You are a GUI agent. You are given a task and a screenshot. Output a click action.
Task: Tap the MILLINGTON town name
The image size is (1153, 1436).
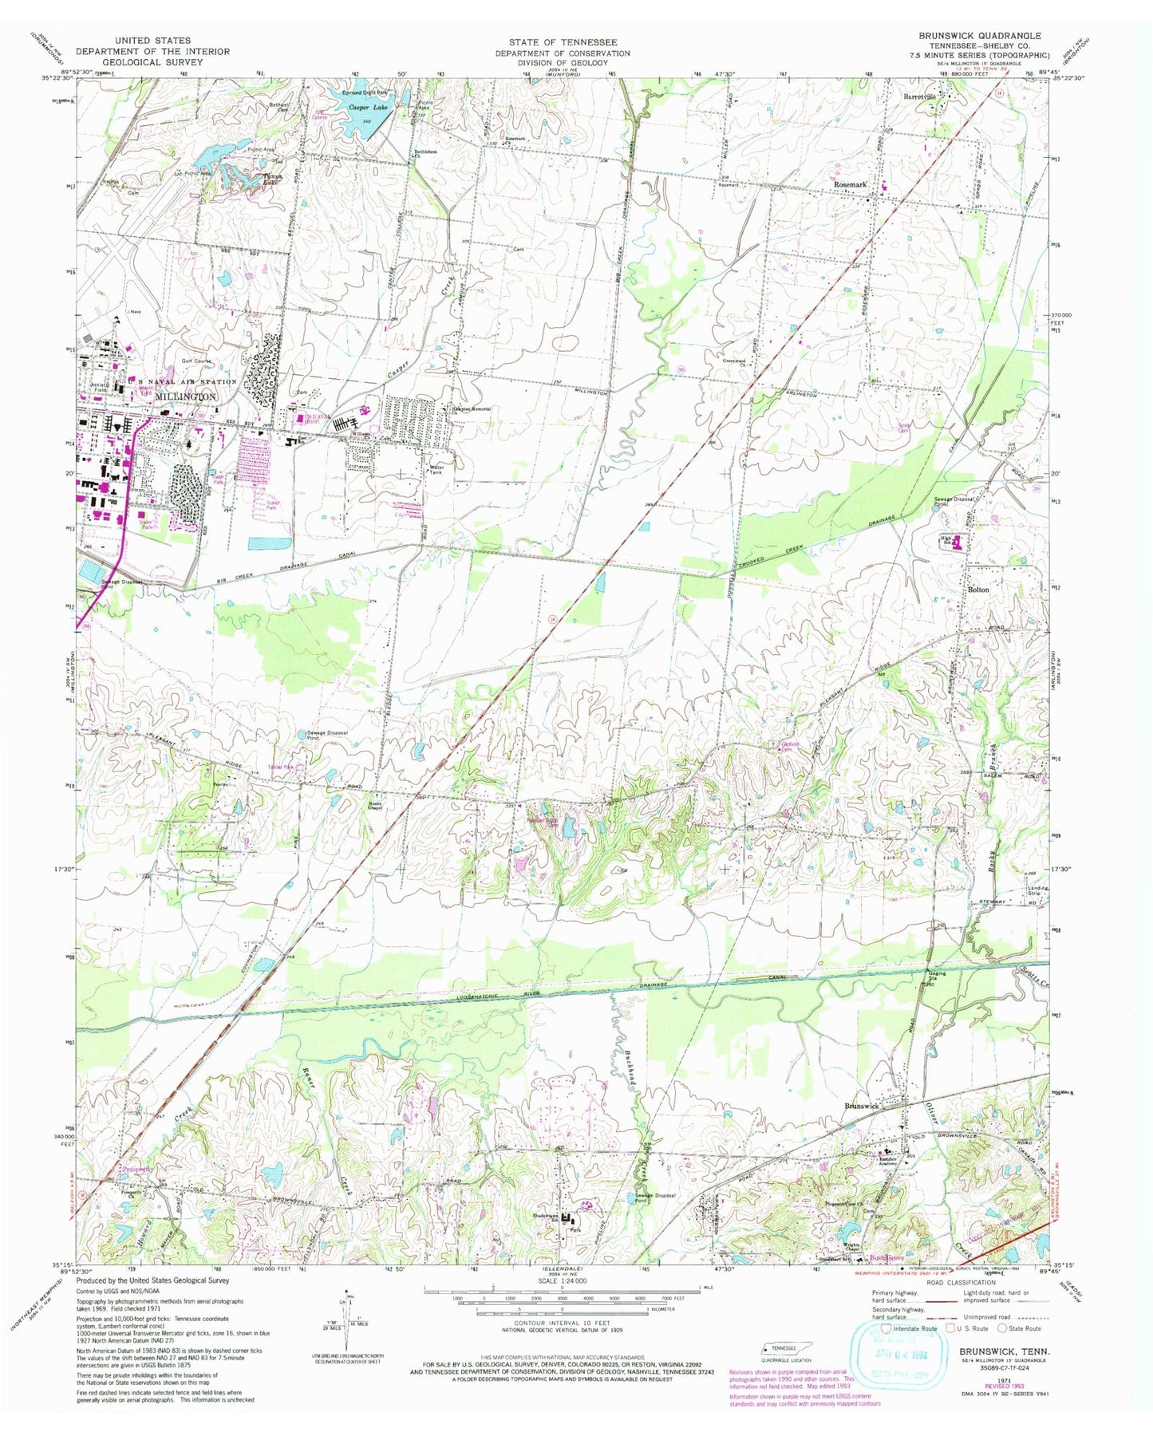coord(186,396)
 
